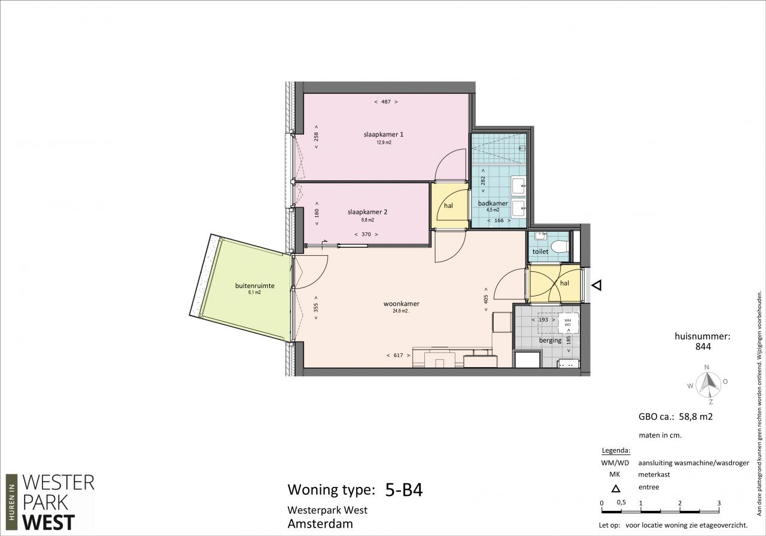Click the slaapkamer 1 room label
click(x=384, y=134)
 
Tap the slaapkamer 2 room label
click(x=367, y=212)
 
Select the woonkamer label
click(x=401, y=304)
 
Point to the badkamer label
click(x=493, y=203)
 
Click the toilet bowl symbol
click(x=561, y=246)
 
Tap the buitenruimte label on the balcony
click(x=255, y=286)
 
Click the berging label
click(x=550, y=340)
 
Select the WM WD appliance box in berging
click(x=568, y=323)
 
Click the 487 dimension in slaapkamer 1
click(x=386, y=102)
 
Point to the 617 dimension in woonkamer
click(x=399, y=355)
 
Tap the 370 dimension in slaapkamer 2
click(x=366, y=234)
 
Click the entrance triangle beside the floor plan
click(x=597, y=285)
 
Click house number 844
click(x=703, y=347)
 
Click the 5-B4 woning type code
click(x=404, y=490)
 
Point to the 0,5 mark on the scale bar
click(x=621, y=502)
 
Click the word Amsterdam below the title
click(x=320, y=524)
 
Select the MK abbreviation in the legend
click(x=615, y=475)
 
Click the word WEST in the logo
click(x=48, y=523)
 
